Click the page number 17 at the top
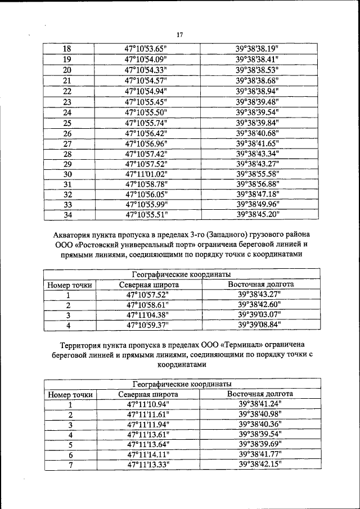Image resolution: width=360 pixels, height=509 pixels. (x=180, y=35)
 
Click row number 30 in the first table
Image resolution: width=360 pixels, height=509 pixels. (x=67, y=174)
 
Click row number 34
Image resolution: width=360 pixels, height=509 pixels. (x=67, y=214)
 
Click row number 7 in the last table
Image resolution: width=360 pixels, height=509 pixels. (x=70, y=465)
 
